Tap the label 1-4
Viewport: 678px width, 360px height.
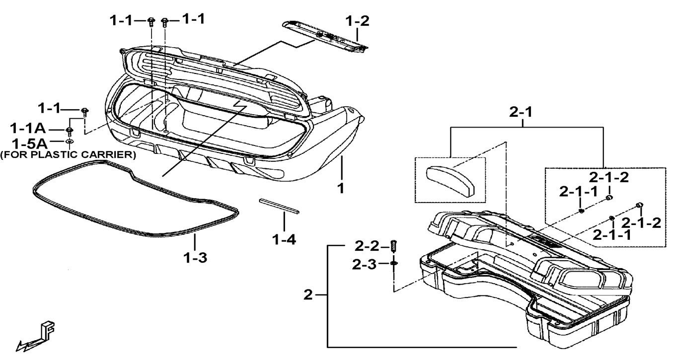click(284, 239)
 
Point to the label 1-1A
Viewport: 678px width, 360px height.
click(28, 129)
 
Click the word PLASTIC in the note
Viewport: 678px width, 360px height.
click(61, 154)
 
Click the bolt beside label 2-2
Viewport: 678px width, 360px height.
click(394, 245)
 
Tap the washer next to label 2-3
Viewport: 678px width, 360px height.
click(394, 264)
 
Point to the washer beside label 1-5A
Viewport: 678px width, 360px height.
click(70, 143)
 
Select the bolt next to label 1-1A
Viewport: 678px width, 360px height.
click(70, 131)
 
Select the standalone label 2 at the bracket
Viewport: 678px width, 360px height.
click(308, 295)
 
